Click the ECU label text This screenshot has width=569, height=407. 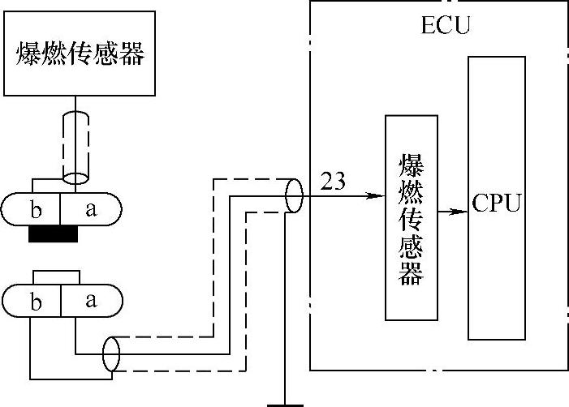point(446,25)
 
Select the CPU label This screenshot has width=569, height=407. point(497,203)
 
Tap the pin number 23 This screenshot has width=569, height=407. point(333,181)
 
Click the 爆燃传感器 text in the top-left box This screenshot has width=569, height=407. point(80,54)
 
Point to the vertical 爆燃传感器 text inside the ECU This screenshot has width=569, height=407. point(412,219)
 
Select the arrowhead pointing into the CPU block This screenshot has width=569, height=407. point(459,212)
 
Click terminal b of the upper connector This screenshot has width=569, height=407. point(36,209)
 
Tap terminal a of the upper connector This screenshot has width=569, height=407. point(91,209)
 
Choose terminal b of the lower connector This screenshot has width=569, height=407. point(36,301)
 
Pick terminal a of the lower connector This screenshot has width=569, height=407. point(91,301)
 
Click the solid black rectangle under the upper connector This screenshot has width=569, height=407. point(53,233)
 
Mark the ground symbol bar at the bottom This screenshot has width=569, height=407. point(285,405)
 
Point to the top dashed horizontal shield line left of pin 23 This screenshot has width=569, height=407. point(253,179)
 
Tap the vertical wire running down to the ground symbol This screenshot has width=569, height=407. point(285,308)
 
